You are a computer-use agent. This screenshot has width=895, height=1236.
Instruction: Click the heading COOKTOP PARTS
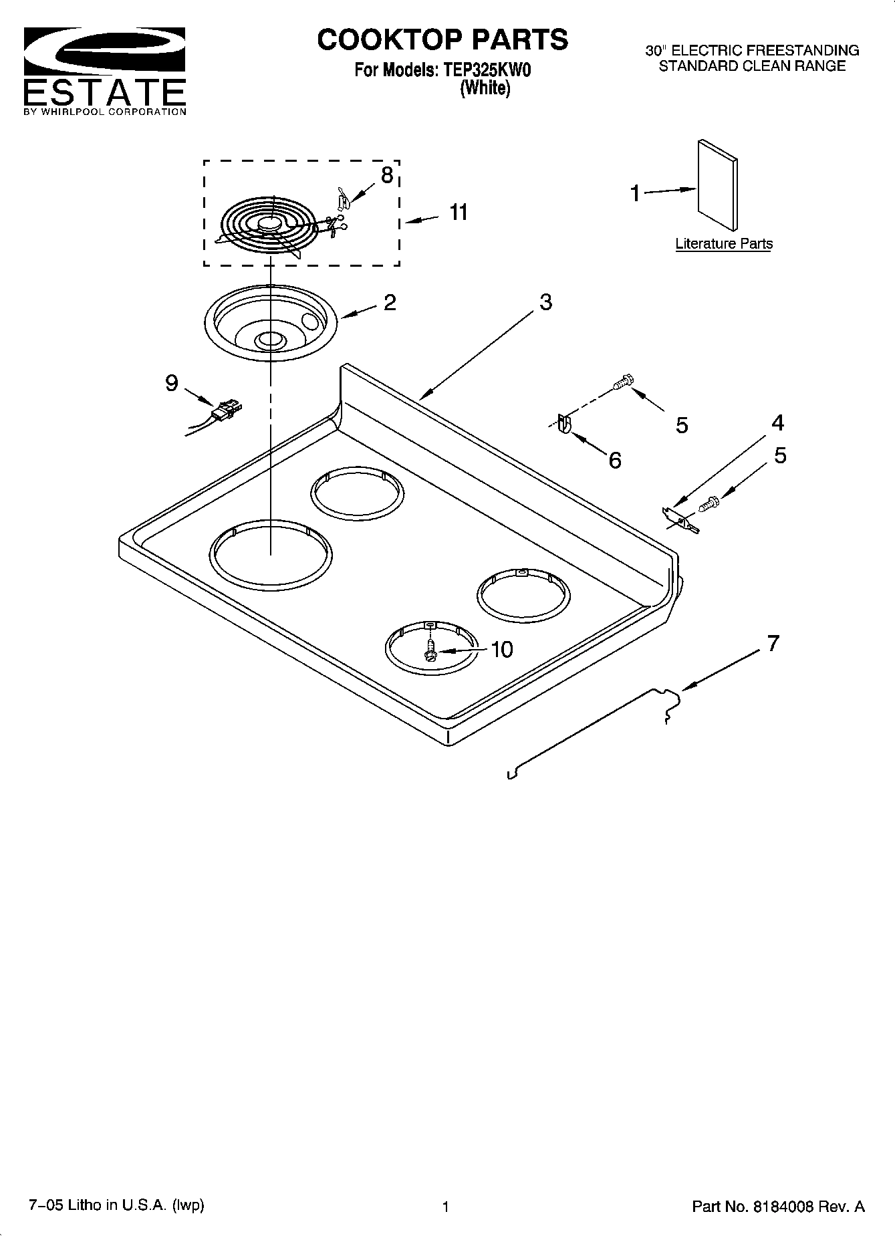pos(442,40)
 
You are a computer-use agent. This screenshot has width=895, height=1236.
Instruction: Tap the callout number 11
pos(458,213)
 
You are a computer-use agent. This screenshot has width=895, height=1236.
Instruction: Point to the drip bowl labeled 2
pos(270,323)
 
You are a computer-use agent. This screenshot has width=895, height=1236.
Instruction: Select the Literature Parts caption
pos(723,244)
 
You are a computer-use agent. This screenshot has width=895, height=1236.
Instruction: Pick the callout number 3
pos(545,302)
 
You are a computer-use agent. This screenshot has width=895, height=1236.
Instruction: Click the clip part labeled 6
pos(563,425)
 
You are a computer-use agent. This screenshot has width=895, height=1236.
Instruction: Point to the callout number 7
pos(773,644)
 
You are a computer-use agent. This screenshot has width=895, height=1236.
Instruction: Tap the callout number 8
pos(386,175)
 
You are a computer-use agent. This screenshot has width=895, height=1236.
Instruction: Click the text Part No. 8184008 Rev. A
pos(778,1206)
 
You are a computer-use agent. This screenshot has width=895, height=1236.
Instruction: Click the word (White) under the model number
pos(485,88)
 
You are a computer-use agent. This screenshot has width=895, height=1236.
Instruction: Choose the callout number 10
pos(501,649)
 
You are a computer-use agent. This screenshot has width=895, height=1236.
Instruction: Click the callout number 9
pos(172,383)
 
